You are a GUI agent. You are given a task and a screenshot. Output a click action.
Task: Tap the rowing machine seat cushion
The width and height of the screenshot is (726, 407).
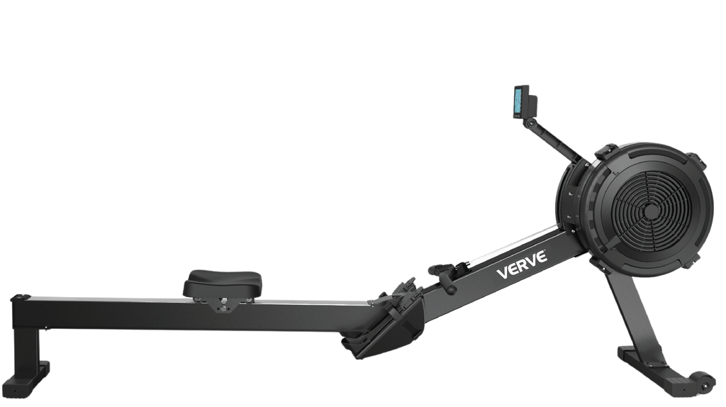coord(223,284)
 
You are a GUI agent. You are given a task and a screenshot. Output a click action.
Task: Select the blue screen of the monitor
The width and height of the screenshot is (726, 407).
coord(517,101)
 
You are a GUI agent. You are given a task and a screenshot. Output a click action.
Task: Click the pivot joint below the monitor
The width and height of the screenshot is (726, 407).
coord(530,123)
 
